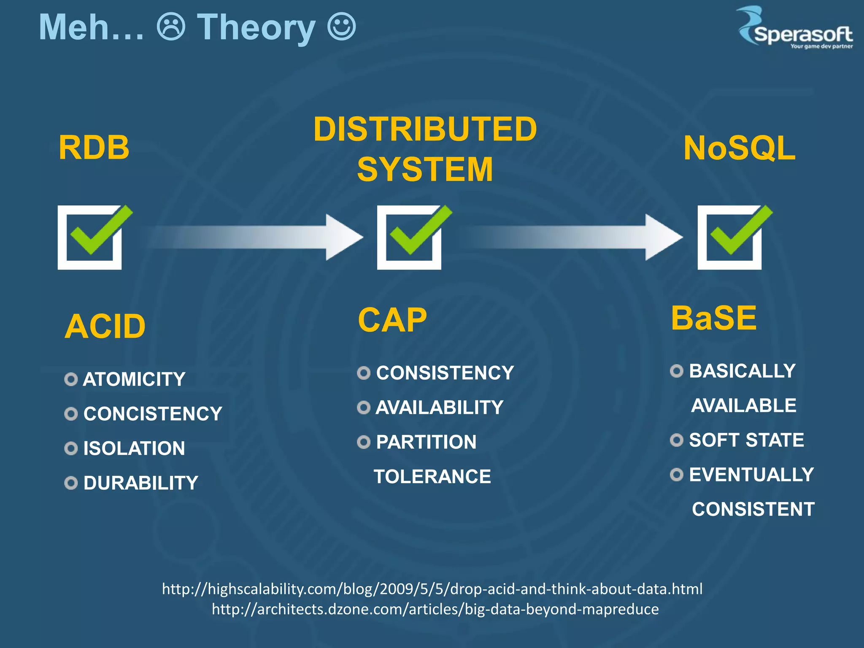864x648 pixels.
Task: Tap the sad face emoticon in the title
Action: tap(171, 27)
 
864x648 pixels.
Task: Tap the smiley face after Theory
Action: tap(341, 27)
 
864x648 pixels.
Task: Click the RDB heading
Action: tap(94, 148)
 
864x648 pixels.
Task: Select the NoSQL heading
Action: tap(739, 148)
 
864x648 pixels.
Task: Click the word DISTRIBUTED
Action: tap(425, 129)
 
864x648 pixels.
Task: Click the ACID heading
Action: tap(105, 327)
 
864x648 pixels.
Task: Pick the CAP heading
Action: tap(392, 320)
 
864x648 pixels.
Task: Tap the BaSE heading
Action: tap(713, 318)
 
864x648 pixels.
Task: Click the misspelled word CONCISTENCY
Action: tap(152, 414)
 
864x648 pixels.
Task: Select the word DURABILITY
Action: tap(140, 483)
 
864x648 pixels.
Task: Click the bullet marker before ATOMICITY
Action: tap(71, 379)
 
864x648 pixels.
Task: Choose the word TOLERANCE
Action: tap(432, 477)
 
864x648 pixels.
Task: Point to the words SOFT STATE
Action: tap(746, 440)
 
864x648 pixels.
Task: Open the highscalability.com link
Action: tap(432, 589)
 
